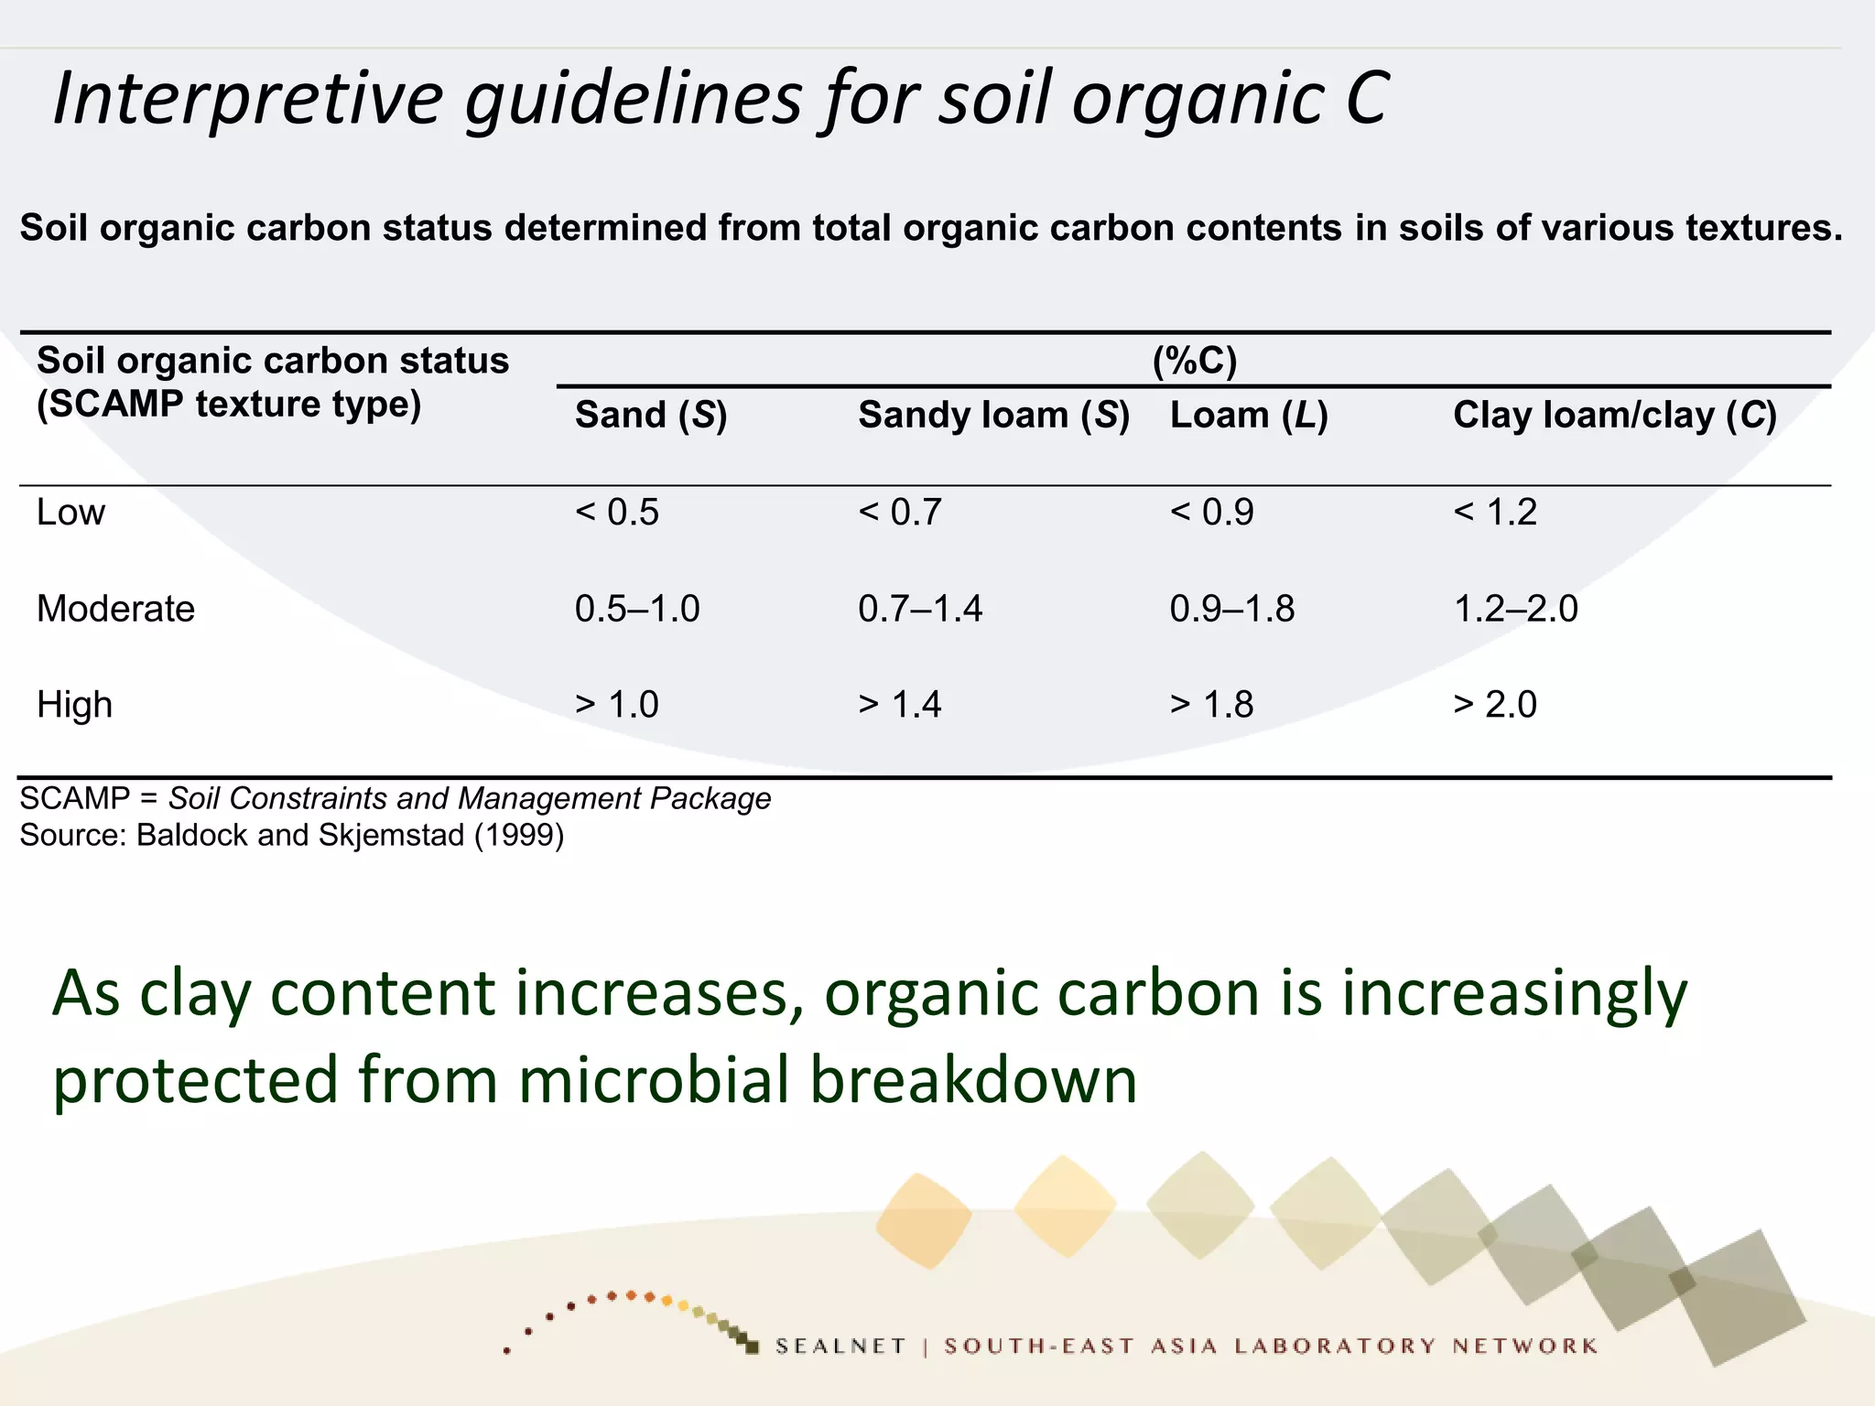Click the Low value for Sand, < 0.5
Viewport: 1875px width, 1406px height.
tap(616, 512)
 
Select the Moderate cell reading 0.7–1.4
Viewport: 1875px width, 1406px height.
tap(919, 609)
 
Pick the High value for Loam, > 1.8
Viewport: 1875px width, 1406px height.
tap(1210, 705)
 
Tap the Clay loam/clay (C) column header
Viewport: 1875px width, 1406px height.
tap(1614, 416)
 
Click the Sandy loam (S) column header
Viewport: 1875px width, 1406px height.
tap(993, 416)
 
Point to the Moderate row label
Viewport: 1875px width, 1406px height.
tap(115, 609)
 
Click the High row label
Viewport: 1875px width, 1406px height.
tap(74, 705)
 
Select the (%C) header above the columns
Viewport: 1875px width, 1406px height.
tap(1194, 361)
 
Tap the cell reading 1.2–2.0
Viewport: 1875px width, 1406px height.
tap(1515, 609)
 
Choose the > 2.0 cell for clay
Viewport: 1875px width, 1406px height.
tap(1494, 705)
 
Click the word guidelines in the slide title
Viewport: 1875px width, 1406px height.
tap(633, 99)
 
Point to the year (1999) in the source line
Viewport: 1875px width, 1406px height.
tap(518, 835)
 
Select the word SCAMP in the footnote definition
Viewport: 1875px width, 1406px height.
tap(74, 799)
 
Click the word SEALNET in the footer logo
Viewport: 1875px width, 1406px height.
tap(840, 1346)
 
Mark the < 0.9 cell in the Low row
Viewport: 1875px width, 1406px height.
tap(1210, 512)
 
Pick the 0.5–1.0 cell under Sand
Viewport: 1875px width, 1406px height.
tap(636, 609)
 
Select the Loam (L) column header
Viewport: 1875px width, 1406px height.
tap(1248, 416)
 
